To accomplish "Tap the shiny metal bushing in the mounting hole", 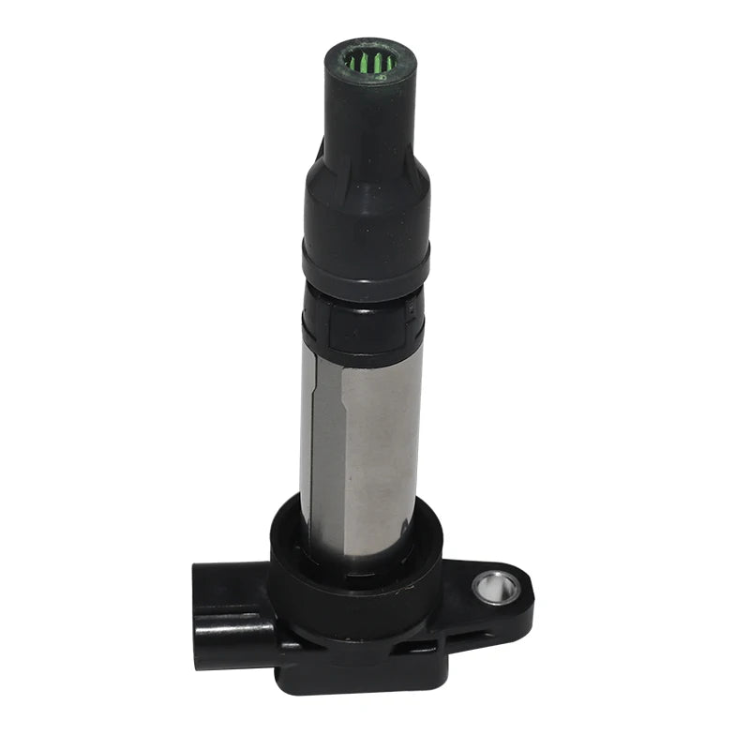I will tap(496, 589).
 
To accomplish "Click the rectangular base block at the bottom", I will tap(366, 666).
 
